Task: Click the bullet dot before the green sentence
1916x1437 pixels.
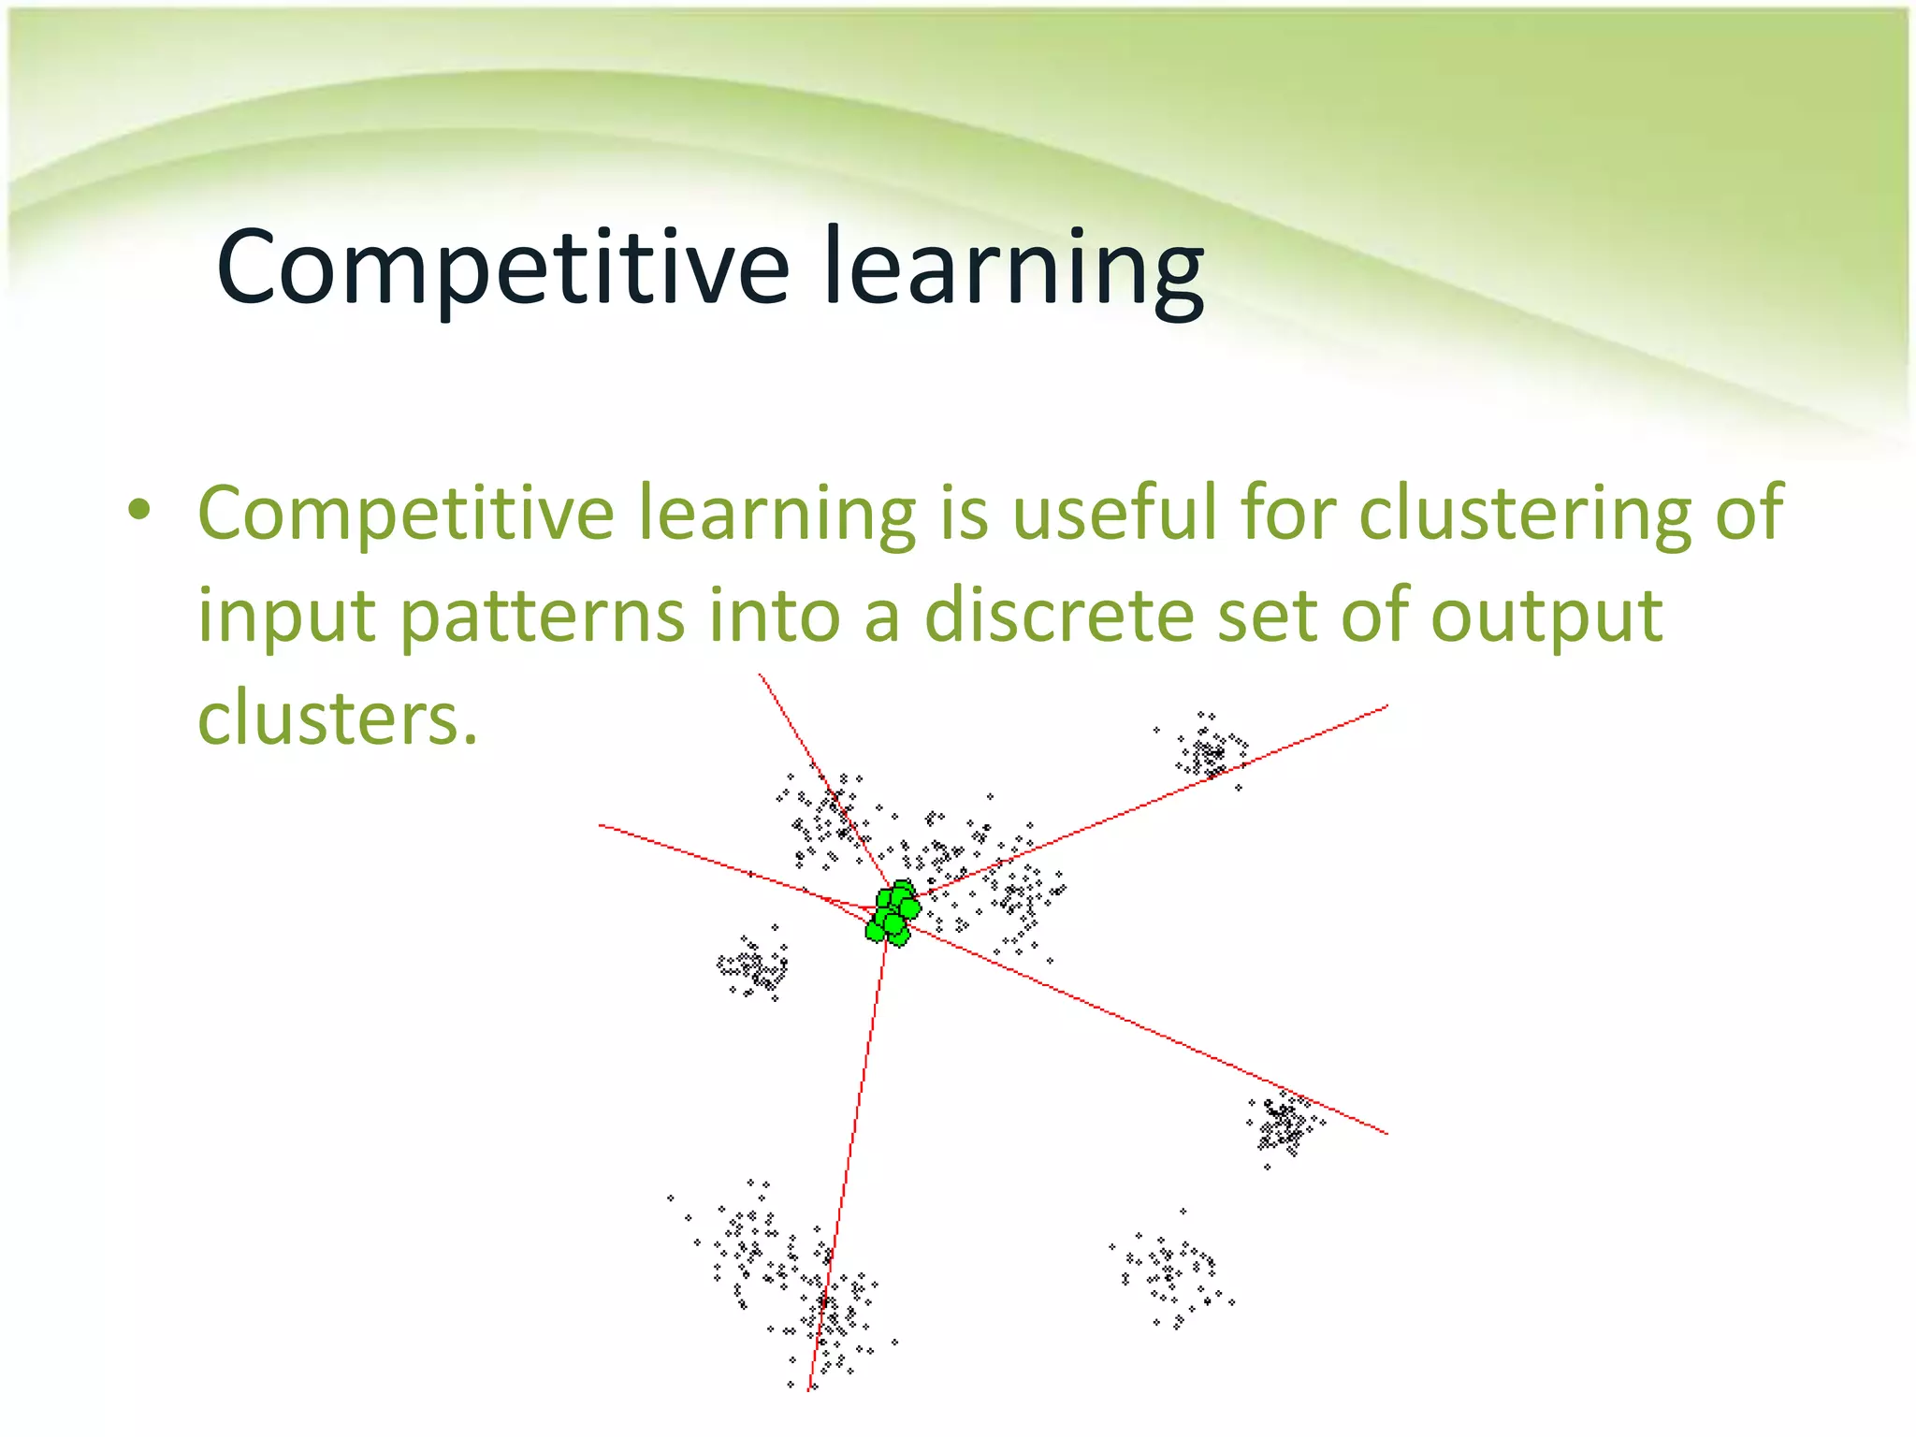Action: (x=139, y=510)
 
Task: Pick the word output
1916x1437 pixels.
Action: (x=1546, y=617)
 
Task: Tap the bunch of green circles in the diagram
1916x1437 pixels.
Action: (x=893, y=912)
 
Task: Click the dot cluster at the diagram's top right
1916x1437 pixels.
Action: (x=1211, y=751)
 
